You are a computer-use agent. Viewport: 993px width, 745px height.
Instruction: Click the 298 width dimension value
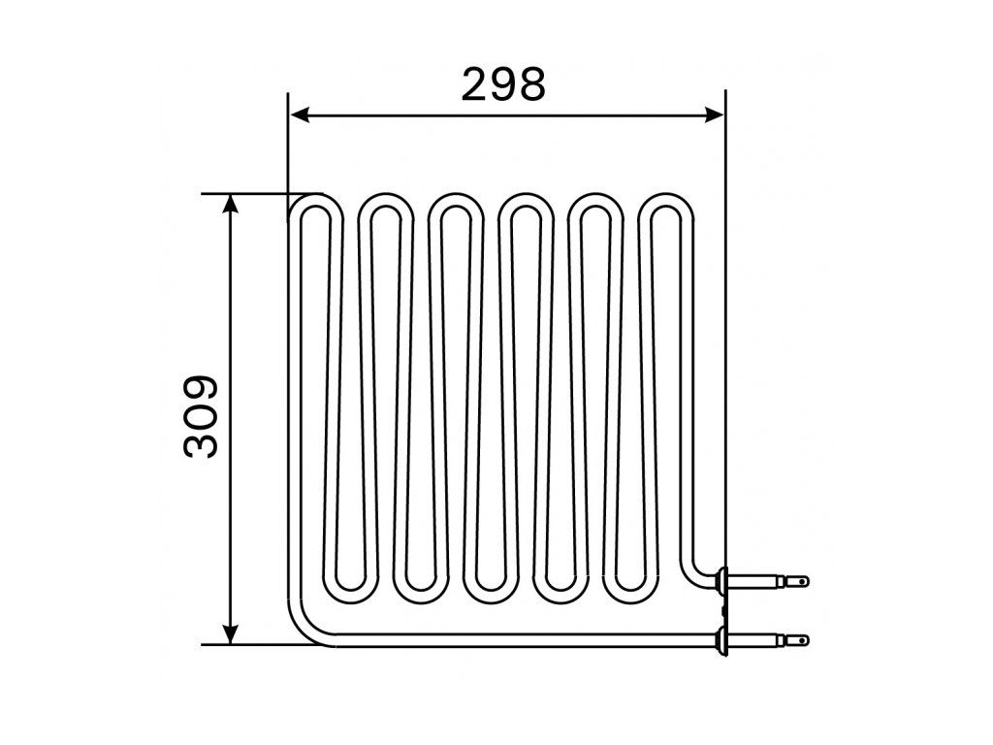(503, 84)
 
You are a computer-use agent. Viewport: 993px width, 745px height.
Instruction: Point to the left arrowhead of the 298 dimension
(299, 114)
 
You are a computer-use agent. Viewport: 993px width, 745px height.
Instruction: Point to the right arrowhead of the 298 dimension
(715, 114)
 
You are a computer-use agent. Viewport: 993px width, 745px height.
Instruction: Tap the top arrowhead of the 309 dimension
(231, 204)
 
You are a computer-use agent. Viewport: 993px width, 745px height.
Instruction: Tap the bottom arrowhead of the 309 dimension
(231, 634)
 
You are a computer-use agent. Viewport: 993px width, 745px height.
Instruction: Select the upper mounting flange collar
(721, 580)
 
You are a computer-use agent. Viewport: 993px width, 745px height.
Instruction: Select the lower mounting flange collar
(721, 640)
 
